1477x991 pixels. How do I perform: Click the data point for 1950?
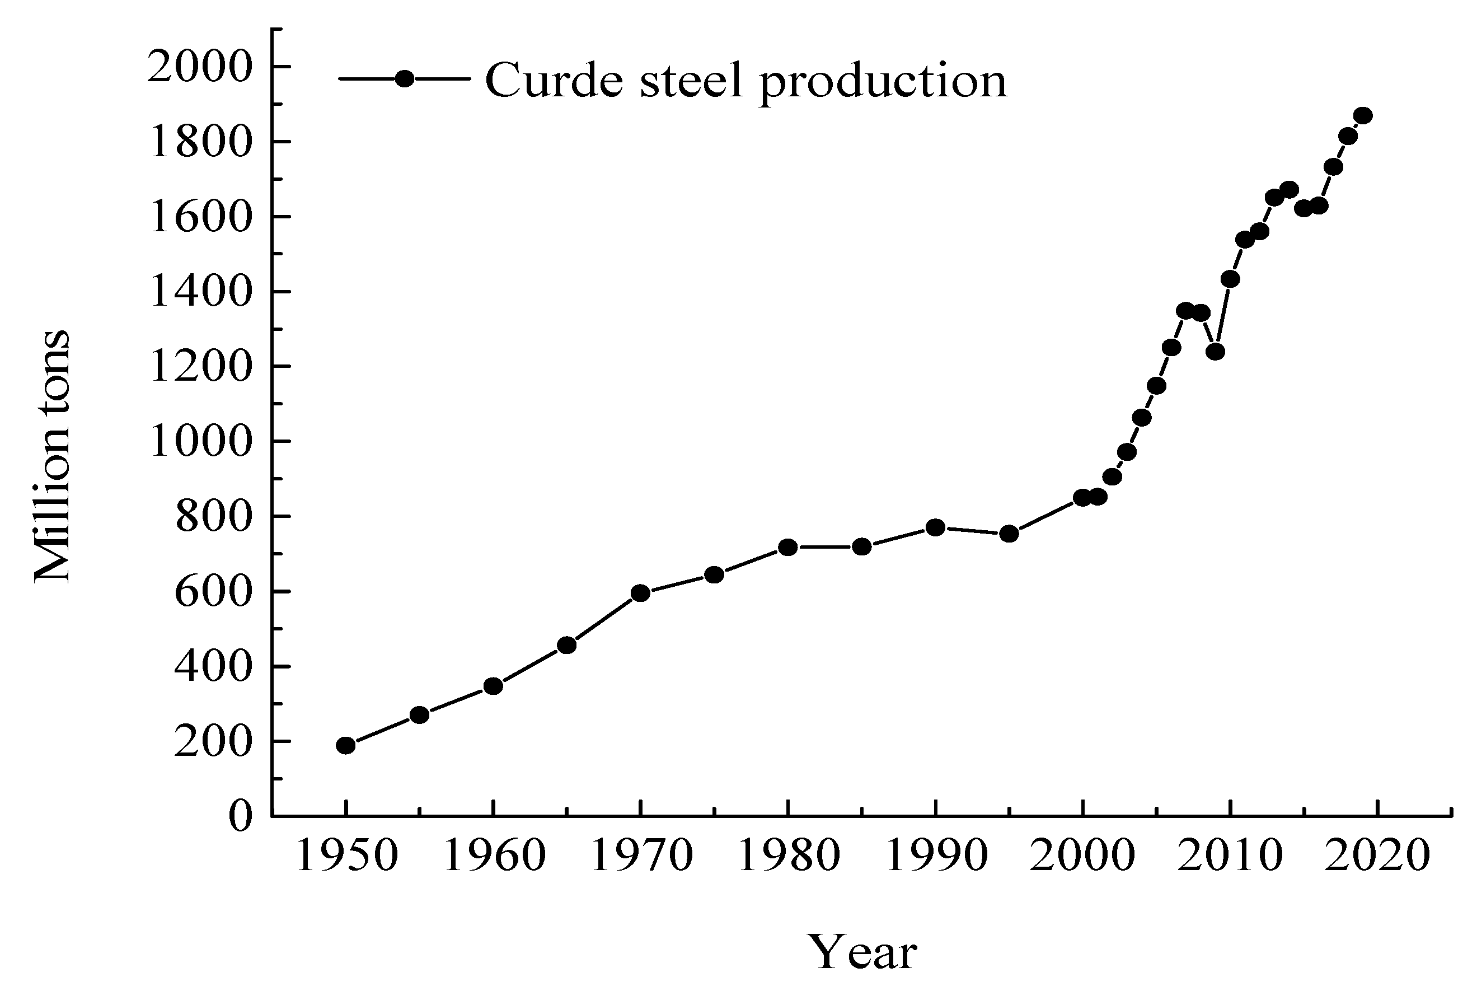(345, 745)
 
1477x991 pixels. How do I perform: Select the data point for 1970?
(641, 593)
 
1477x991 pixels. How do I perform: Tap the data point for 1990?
(935, 527)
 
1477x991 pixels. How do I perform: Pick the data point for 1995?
(1009, 534)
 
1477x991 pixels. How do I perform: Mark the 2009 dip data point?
(1215, 352)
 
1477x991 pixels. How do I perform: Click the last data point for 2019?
(1363, 116)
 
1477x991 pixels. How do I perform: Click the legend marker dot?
(404, 79)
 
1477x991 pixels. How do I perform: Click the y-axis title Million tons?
(52, 456)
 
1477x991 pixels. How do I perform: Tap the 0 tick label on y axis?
(240, 816)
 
